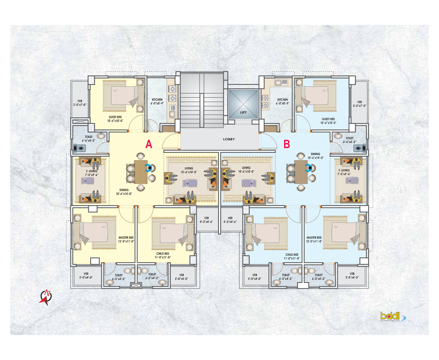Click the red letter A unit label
click(149, 144)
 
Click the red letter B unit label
click(286, 144)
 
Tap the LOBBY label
click(229, 139)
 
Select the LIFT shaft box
click(243, 104)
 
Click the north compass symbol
click(46, 297)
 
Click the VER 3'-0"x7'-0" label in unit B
click(359, 104)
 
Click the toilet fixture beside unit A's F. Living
click(80, 148)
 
